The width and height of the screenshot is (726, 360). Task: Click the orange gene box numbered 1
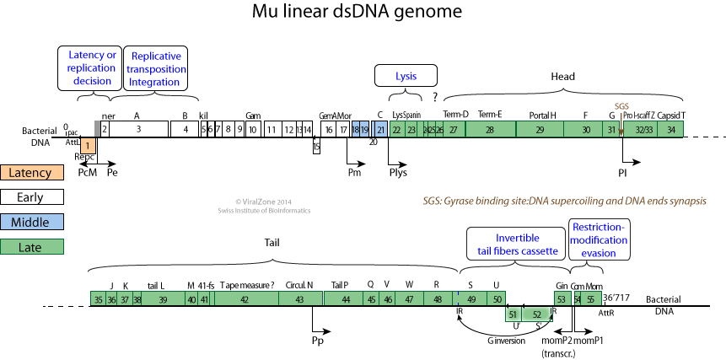click(x=88, y=146)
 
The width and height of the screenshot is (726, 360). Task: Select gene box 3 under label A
click(x=138, y=129)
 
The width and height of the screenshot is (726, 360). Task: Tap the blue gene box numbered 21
click(x=380, y=129)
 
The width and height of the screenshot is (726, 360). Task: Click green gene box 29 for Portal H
click(x=540, y=129)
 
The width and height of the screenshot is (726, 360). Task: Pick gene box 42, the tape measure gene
click(x=244, y=298)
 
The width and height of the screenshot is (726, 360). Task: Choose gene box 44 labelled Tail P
click(x=346, y=298)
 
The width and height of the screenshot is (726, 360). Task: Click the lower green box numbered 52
click(x=537, y=314)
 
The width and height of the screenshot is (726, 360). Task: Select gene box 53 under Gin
click(x=561, y=298)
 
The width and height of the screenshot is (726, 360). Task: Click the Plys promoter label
click(x=398, y=173)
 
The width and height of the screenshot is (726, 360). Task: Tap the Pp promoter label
click(x=318, y=342)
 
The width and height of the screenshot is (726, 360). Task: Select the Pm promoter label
click(x=355, y=173)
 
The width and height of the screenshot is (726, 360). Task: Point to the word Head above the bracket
click(x=563, y=77)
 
